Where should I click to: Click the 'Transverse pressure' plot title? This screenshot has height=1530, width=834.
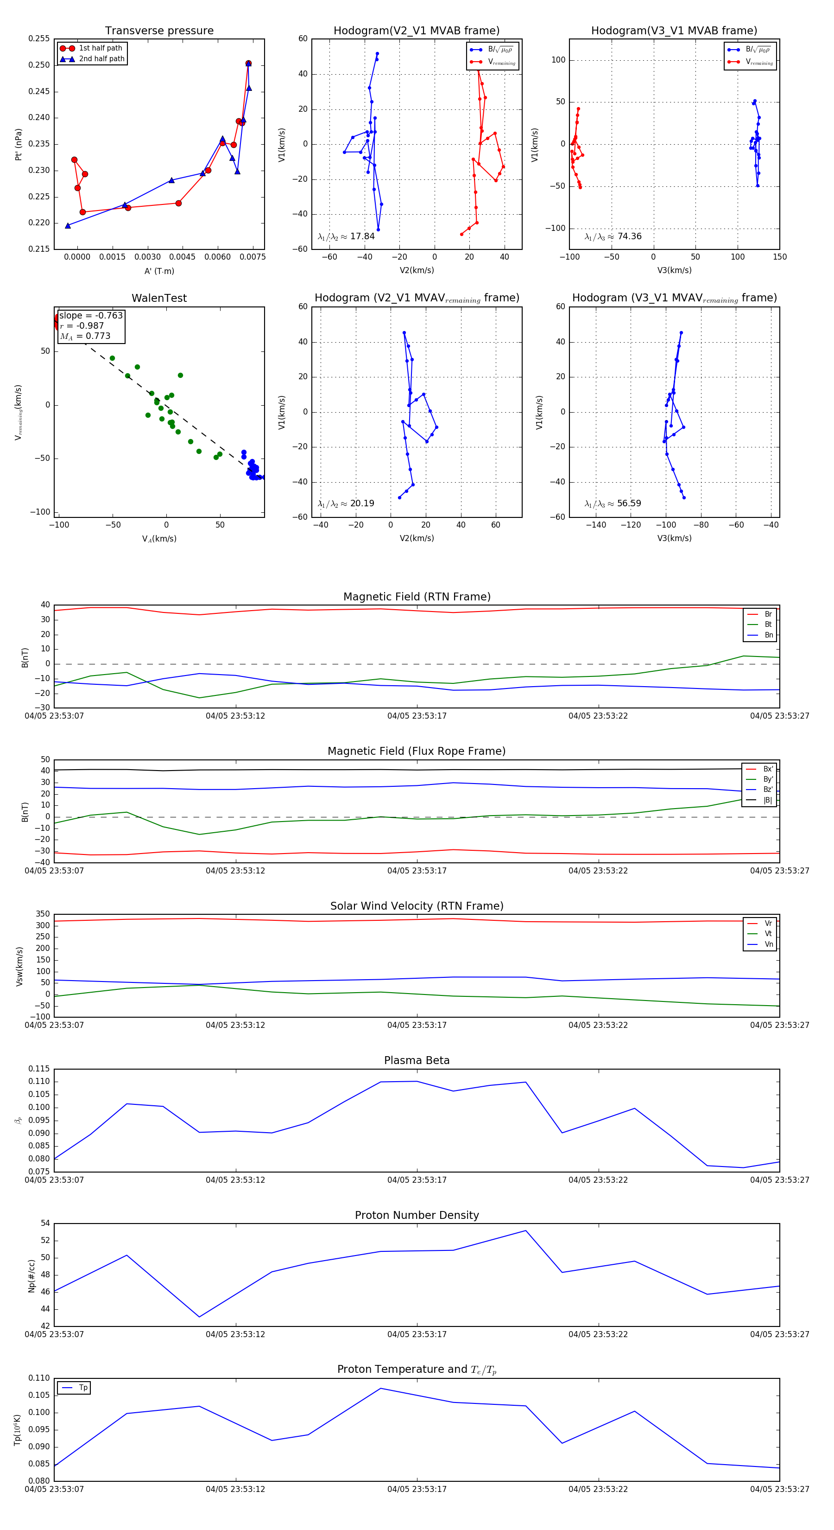[x=159, y=31]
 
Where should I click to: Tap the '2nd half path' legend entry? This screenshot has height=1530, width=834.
[x=101, y=59]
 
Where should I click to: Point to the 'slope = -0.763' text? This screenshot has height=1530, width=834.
[x=91, y=315]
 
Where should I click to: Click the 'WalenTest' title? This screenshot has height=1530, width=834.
[x=159, y=298]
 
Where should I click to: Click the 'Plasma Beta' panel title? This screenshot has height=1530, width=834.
[x=417, y=1061]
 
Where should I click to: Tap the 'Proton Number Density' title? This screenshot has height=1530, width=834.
[x=417, y=1215]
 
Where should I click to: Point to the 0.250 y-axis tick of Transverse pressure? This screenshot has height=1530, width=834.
[x=39, y=65]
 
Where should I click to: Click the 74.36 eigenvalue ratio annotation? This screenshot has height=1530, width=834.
[x=629, y=236]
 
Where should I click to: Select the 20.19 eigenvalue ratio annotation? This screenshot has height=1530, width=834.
[x=361, y=504]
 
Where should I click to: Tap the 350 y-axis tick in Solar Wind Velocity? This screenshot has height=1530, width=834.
[x=43, y=914]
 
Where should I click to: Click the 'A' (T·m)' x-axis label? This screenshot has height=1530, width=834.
[x=159, y=271]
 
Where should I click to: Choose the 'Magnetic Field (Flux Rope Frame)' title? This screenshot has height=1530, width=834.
[x=417, y=752]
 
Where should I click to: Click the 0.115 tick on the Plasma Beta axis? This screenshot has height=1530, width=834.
[x=39, y=1069]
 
